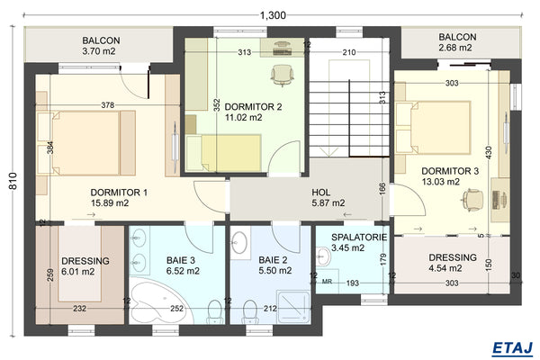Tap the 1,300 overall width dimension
[x=273, y=14]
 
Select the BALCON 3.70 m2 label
[x=101, y=47]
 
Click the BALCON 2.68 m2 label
[x=456, y=42]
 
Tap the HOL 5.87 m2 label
[x=328, y=198]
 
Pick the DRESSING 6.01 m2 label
[x=85, y=266]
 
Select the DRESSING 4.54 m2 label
[x=452, y=262]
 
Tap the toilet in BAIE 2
[x=247, y=310]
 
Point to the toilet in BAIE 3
[x=212, y=310]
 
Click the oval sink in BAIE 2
[x=240, y=243]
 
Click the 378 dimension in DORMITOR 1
[x=108, y=105]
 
